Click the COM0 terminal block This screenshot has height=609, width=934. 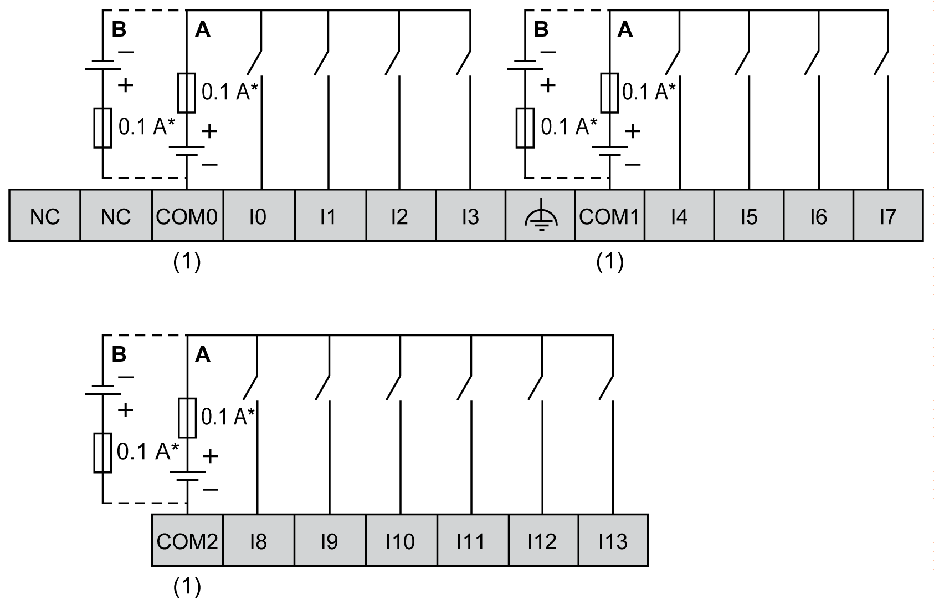point(187,216)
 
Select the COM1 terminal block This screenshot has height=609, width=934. point(609,216)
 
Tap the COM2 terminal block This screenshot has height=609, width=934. point(187,541)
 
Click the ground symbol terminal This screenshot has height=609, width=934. point(541,216)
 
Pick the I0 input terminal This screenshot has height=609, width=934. point(258,216)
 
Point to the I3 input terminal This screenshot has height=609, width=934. point(470,216)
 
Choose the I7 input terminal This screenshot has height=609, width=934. point(888,216)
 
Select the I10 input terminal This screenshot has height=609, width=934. point(401,541)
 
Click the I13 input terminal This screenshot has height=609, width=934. point(613,541)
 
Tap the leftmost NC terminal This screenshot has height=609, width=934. point(45,216)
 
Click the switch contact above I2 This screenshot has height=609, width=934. point(393,62)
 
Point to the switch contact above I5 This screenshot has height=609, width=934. point(743,62)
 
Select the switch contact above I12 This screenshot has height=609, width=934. point(535,387)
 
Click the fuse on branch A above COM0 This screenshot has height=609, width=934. point(187,93)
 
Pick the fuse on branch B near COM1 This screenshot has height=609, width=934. point(525,128)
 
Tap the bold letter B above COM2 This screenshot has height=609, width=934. point(119,354)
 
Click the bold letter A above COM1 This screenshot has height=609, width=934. point(625,29)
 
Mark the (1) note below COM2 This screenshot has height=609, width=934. point(187,587)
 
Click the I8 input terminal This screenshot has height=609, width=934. point(258,541)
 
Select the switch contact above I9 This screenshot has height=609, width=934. point(323,387)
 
